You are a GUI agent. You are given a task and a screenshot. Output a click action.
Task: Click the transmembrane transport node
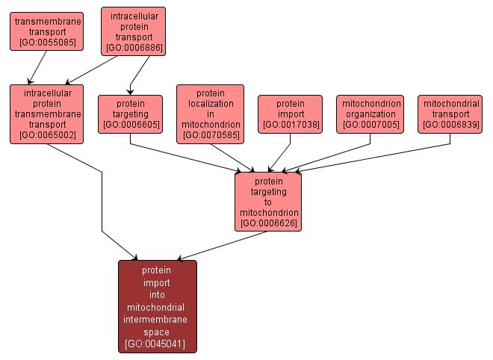tap(46, 31)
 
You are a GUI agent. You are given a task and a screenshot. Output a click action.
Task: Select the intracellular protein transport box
tap(133, 31)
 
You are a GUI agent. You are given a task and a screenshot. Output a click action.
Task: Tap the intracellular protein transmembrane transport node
tap(46, 114)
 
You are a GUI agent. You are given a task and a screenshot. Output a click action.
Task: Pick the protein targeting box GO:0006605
tap(130, 114)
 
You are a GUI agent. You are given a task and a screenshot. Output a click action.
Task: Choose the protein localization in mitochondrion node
tap(210, 114)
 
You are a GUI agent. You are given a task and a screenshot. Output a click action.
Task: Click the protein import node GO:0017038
tap(290, 114)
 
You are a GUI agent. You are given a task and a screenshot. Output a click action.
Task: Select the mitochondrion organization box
tap(370, 114)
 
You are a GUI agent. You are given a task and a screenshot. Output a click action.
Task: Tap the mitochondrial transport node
tap(449, 114)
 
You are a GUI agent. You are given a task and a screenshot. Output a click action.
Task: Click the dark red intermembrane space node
tap(157, 306)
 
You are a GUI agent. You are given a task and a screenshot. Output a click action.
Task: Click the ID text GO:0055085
tap(46, 43)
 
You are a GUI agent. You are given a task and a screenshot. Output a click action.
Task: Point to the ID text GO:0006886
tap(133, 48)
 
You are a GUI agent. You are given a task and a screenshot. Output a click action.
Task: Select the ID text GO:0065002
tap(46, 135)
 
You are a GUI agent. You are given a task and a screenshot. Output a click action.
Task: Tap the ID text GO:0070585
tap(210, 135)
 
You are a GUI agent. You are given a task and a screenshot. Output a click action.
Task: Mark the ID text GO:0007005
tap(370, 125)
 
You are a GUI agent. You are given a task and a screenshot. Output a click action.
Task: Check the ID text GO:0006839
tap(449, 125)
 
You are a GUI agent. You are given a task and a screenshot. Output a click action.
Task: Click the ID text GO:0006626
tap(268, 223)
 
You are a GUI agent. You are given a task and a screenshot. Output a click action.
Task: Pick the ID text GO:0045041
tap(157, 344)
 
